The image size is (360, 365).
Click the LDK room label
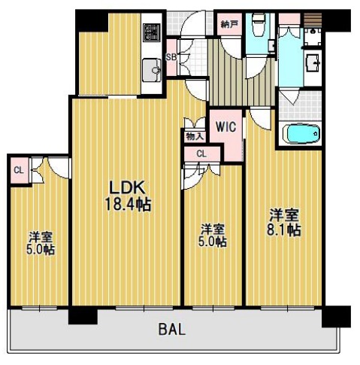pos(127,187)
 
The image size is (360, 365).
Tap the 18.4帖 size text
pos(128,205)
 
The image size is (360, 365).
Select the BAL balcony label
pos(172,329)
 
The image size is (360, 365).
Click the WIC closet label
pos(226,126)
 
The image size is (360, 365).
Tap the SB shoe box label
pos(171,57)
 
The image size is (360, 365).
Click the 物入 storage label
pos(195,137)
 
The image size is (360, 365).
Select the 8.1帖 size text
pos(284,230)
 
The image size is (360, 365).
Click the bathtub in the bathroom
pos(301,134)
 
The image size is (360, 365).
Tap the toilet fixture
pos(259,25)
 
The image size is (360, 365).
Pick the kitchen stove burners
pos(153,32)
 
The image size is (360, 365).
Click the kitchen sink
pos(152,70)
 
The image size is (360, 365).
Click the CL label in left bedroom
pos(19,171)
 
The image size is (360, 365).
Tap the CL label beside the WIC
pos(201,154)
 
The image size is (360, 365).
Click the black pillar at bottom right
pos(336,316)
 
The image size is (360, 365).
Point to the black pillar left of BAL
pos(83,315)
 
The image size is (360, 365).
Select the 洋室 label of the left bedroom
pos(41,236)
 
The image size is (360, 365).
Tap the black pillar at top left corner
pos(92,20)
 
